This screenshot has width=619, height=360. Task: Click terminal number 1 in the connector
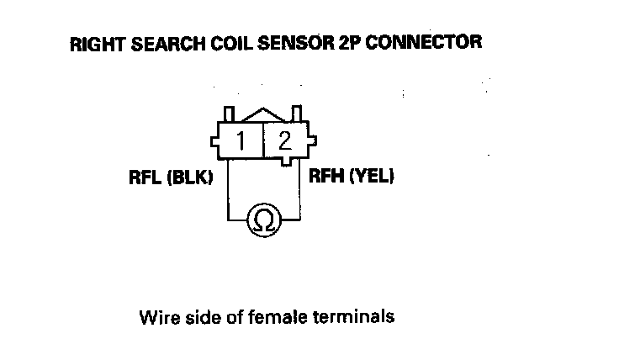point(241,139)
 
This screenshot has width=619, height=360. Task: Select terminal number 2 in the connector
point(284,139)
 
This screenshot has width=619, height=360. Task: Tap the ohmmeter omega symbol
point(262,221)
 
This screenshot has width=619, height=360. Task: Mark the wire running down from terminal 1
point(225,189)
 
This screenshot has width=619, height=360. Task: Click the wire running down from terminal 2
point(300,189)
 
